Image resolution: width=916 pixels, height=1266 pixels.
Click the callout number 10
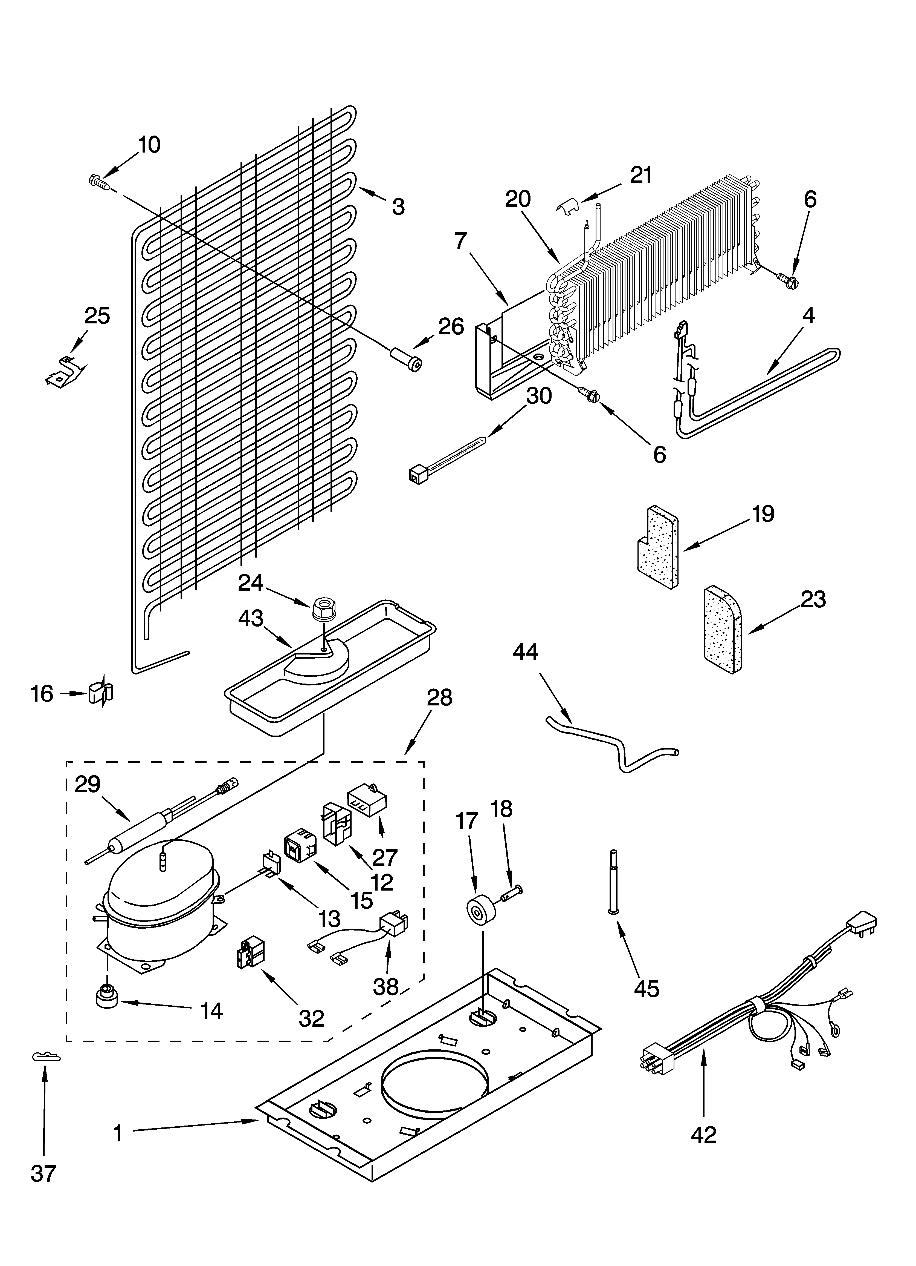click(149, 145)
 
